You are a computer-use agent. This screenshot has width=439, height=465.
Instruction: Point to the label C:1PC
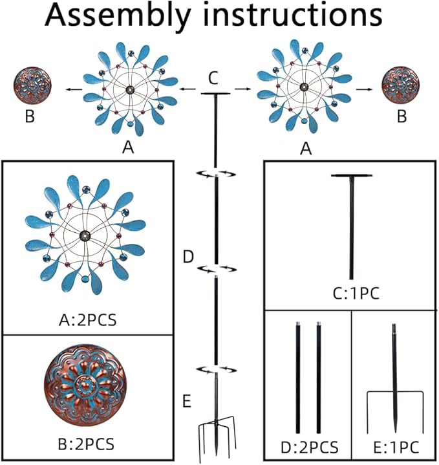(x=352, y=294)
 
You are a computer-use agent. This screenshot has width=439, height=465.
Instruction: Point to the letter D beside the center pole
(x=187, y=257)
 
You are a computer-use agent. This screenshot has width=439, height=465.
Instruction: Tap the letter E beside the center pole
(x=186, y=402)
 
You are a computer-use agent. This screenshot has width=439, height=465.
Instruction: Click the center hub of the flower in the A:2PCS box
(x=85, y=237)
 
